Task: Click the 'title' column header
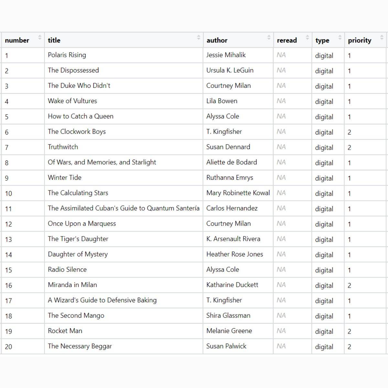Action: pos(54,40)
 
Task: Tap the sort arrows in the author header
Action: pos(269,38)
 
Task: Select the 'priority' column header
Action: pos(359,40)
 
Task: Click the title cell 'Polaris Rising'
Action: pos(67,55)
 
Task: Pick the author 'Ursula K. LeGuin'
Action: pos(230,70)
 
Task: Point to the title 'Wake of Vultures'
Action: pos(72,101)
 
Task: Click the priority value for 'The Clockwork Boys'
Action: pos(349,132)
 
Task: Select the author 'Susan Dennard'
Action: pos(228,147)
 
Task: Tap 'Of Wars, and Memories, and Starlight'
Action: pos(102,162)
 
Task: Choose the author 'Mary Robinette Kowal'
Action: pos(238,193)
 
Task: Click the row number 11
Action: pos(8,209)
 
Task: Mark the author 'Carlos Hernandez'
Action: pos(232,208)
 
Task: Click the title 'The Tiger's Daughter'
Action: pos(78,239)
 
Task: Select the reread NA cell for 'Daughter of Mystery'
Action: pos(281,254)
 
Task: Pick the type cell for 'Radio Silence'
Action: pos(324,270)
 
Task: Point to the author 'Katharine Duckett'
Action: pos(232,285)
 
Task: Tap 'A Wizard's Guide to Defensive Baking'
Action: pos(102,300)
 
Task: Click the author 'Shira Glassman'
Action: pos(228,316)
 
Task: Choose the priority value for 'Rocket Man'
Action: pos(349,331)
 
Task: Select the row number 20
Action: pos(8,347)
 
